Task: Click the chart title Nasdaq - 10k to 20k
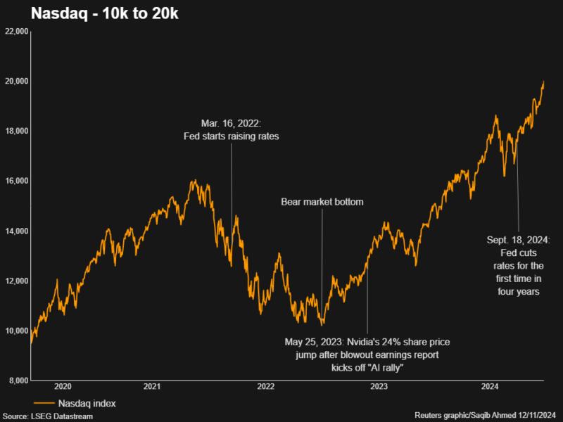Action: point(93,14)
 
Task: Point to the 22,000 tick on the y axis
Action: point(16,32)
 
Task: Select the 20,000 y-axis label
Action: point(16,82)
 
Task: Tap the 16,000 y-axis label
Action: point(16,181)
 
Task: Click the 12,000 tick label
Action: point(16,281)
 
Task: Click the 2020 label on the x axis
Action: point(63,387)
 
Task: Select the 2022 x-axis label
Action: point(265,387)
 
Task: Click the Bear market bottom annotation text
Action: point(322,202)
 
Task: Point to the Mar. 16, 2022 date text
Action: point(231,123)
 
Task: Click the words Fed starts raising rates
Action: point(231,136)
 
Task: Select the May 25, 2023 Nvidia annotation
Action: point(367,354)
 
